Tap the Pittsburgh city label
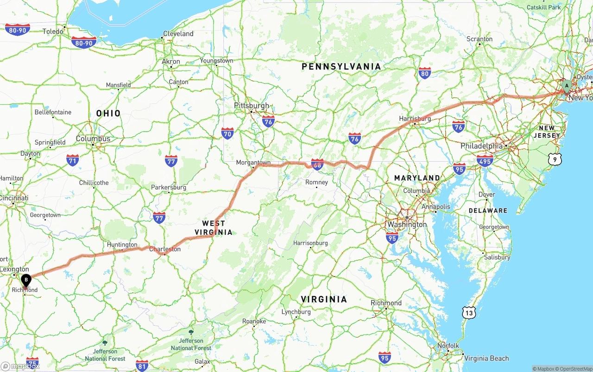point(251,106)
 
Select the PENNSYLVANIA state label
point(341,67)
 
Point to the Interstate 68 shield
point(317,164)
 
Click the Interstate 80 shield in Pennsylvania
point(424,73)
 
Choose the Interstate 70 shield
point(227,134)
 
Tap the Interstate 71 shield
point(72,160)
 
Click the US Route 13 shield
point(469,313)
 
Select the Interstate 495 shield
point(485,160)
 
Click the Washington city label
point(407,224)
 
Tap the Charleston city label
point(164,249)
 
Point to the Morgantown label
point(253,163)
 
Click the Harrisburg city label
point(415,119)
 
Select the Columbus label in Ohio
point(93,139)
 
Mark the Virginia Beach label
point(486,358)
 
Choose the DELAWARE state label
point(488,210)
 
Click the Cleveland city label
point(178,34)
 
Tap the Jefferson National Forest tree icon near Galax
point(191,332)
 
